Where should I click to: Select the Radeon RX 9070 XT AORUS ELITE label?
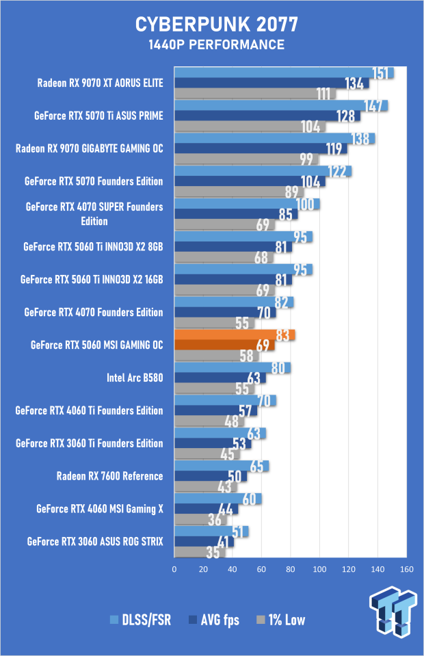(x=100, y=83)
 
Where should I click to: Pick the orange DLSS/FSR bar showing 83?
(x=235, y=335)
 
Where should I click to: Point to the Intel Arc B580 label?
(x=135, y=378)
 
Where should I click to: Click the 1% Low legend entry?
(x=281, y=620)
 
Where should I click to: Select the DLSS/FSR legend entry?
(x=141, y=620)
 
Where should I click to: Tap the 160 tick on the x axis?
(x=407, y=569)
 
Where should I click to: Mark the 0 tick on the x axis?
(x=174, y=569)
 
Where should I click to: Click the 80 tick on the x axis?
(x=291, y=569)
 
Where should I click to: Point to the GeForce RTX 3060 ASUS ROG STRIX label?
(x=95, y=541)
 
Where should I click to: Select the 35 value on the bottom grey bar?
(x=213, y=553)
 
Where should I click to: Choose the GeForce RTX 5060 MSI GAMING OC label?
(x=96, y=345)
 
